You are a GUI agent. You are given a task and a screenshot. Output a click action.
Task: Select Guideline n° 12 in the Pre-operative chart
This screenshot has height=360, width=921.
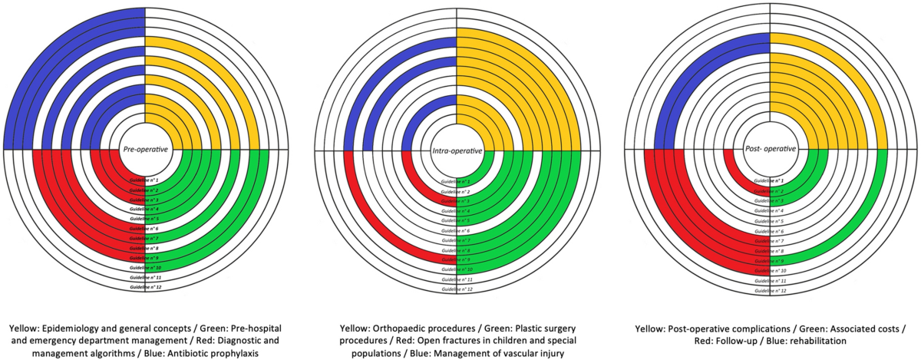[x=145, y=287]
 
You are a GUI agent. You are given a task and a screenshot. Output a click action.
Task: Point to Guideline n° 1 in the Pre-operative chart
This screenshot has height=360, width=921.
[x=145, y=179]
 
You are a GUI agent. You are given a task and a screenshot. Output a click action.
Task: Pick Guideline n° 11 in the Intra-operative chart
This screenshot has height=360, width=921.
[x=457, y=279]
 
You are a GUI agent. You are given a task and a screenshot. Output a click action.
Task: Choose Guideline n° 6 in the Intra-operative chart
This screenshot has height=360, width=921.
[x=457, y=230]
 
